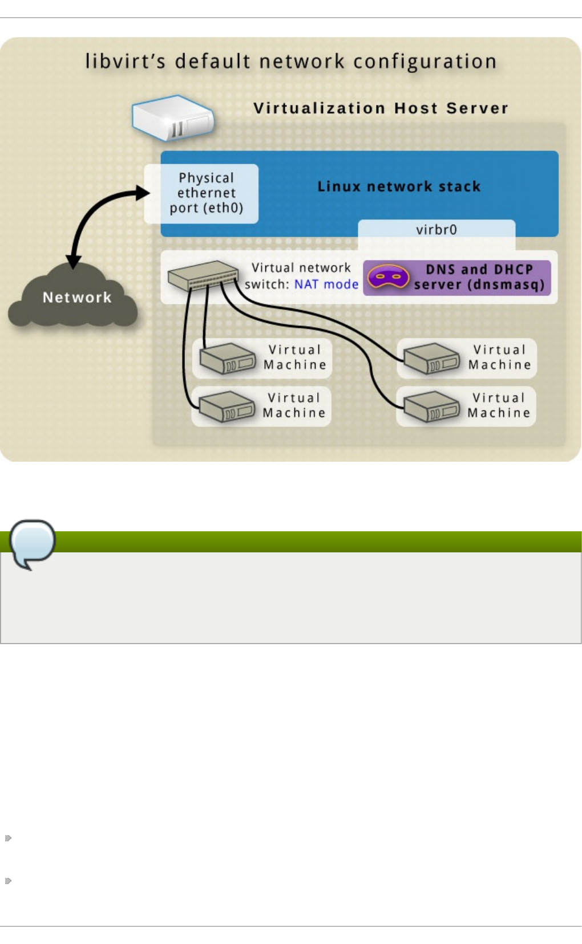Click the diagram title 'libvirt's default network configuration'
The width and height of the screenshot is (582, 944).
(x=291, y=62)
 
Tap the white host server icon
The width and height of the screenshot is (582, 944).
(x=172, y=118)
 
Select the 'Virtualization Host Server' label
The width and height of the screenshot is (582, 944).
(x=381, y=108)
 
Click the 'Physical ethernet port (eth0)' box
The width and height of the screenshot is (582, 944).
(x=206, y=193)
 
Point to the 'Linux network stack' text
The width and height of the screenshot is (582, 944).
(x=399, y=186)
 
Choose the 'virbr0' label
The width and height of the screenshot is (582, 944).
(x=436, y=230)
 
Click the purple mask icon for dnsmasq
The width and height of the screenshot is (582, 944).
(x=388, y=277)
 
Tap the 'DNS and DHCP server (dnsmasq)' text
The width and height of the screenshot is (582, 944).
(x=479, y=277)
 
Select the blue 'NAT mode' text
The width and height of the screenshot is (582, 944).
(x=326, y=284)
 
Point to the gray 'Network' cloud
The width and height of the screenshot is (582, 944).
(x=74, y=298)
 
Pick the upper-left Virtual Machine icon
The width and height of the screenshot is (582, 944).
(x=227, y=359)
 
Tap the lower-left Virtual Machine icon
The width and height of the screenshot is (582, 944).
(x=227, y=407)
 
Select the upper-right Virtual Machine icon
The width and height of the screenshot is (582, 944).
(x=431, y=359)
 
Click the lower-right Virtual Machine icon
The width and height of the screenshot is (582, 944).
(x=431, y=407)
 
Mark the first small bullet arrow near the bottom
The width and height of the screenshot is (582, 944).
(x=8, y=838)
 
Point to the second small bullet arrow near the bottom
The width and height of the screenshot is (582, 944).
(x=8, y=881)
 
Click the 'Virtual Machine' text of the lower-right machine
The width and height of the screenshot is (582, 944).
(x=499, y=405)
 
